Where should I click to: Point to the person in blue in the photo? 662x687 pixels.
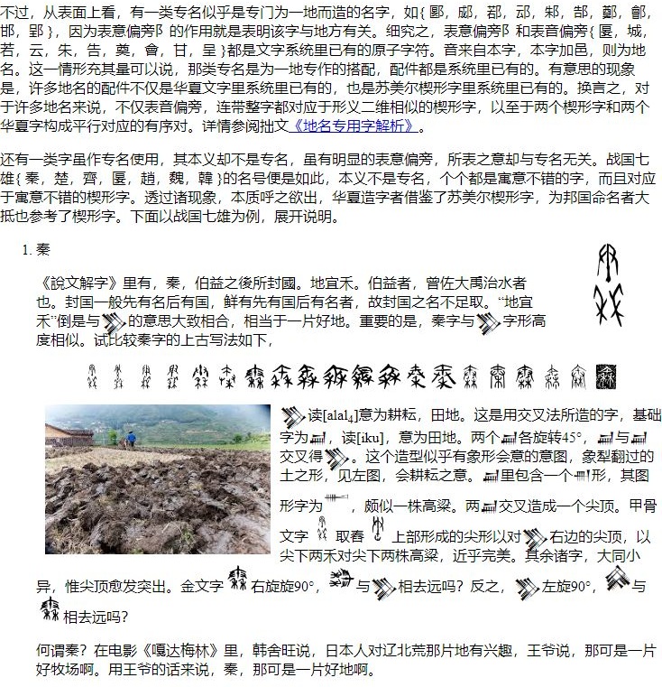[132, 440]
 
